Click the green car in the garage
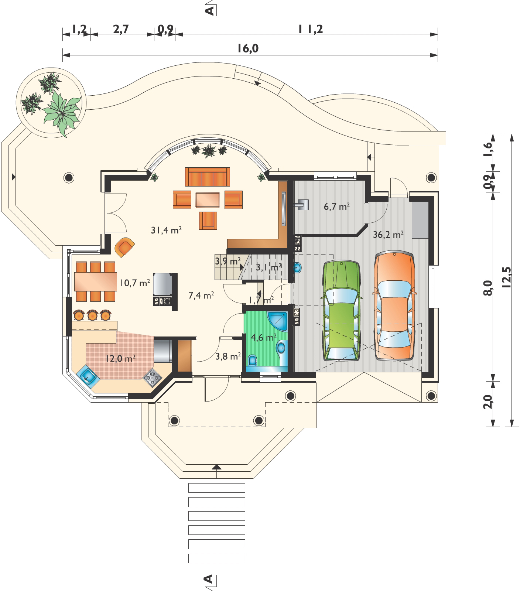click(341, 310)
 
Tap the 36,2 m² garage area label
click(388, 235)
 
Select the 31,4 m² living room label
click(166, 230)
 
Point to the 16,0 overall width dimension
click(248, 48)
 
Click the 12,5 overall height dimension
click(506, 277)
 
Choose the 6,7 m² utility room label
click(336, 206)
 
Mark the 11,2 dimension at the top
click(310, 29)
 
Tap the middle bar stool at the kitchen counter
click(92, 315)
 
